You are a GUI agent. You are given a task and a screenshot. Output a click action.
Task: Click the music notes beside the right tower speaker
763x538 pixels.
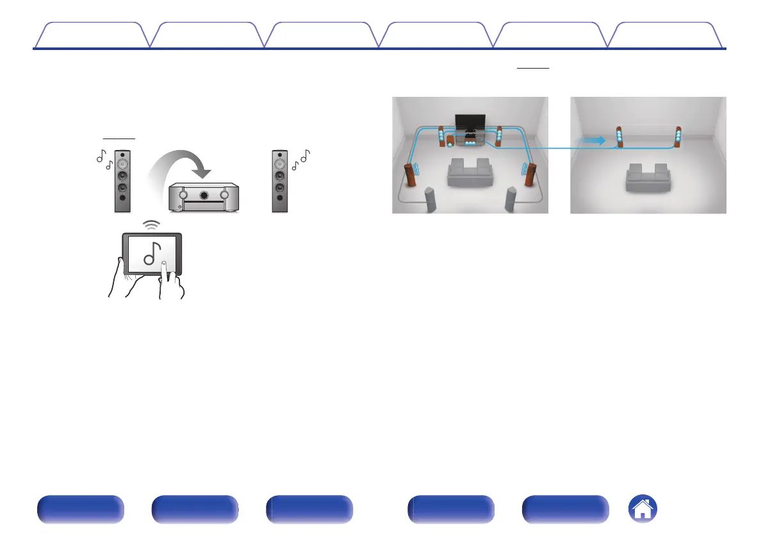300,159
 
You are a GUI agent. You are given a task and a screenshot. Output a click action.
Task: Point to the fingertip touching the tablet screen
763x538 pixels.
164,265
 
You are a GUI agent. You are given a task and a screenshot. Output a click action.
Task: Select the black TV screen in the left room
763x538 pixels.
470,122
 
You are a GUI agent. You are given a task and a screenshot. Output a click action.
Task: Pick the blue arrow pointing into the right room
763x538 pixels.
593,140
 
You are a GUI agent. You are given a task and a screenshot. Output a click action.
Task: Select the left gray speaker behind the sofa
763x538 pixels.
431,199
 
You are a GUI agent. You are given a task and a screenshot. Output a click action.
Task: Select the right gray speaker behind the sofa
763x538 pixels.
510,199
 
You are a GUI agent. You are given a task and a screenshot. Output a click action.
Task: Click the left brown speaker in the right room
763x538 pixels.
619,139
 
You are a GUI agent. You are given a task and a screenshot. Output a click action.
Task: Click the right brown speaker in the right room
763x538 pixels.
678,139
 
